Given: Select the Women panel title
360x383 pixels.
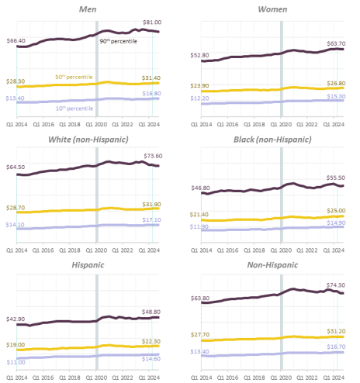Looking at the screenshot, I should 272,9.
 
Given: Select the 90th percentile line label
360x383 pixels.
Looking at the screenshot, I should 117,40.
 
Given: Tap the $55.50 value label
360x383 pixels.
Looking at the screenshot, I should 336,178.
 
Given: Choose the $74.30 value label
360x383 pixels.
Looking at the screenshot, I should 336,286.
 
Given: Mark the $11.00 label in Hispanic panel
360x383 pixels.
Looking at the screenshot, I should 16,363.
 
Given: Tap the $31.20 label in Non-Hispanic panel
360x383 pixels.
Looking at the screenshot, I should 336,331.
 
